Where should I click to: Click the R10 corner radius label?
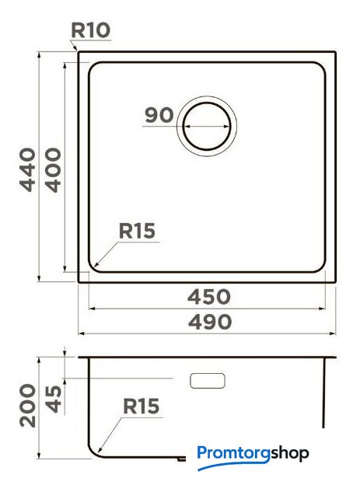91,30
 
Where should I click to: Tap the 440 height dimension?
28,169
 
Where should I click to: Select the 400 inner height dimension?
53,170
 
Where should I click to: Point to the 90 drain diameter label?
159,115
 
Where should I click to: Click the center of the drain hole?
207,126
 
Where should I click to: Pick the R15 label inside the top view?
137,231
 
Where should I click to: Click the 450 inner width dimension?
209,297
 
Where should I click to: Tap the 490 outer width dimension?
210,322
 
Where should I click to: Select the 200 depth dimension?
28,406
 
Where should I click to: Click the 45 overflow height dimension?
54,399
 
